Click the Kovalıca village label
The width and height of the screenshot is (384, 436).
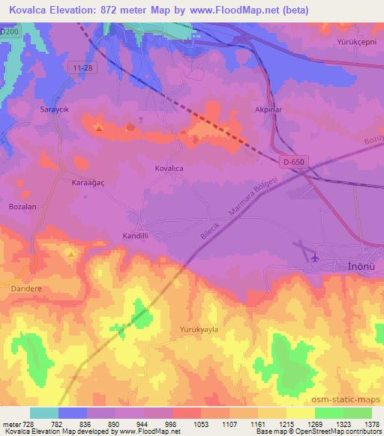[169, 169]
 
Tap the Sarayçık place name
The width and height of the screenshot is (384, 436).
[54, 109]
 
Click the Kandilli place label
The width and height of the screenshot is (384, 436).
[137, 235]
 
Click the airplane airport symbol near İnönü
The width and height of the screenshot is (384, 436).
[313, 257]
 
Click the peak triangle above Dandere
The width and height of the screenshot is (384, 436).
[71, 254]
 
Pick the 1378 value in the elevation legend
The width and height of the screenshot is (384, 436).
[371, 425]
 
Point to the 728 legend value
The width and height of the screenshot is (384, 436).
[28, 425]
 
